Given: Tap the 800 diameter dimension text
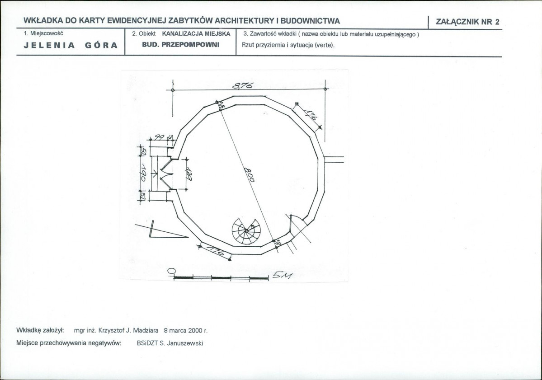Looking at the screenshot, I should pos(249,174).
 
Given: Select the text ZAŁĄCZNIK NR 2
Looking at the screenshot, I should pos(467,22).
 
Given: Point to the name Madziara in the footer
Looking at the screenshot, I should pos(144,330).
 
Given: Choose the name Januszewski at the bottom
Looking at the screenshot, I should pos(186,343).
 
